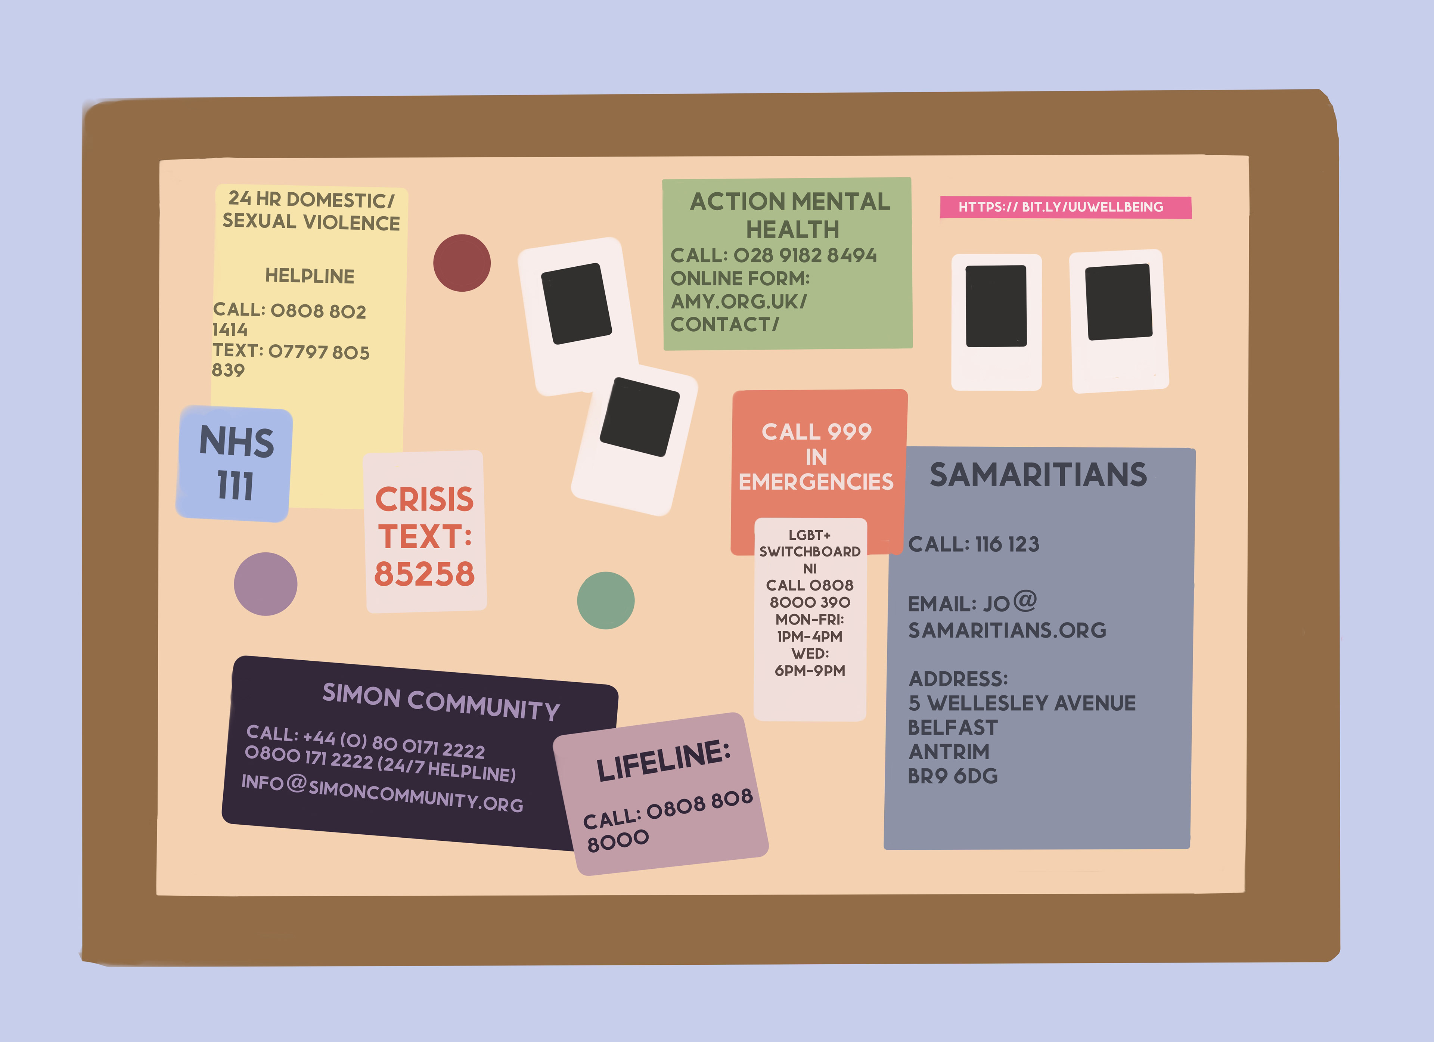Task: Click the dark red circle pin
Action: coord(462,263)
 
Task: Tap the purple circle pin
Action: coord(266,584)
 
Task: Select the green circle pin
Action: coord(606,601)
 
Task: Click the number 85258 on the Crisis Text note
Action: coord(424,574)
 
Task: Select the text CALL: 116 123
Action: coord(973,545)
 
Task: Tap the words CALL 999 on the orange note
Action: coord(816,432)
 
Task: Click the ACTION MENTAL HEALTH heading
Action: coord(790,215)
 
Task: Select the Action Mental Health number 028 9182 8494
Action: coord(805,255)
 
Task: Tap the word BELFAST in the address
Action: coord(952,728)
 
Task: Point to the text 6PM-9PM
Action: coord(810,671)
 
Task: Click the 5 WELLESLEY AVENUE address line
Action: coord(1022,703)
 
